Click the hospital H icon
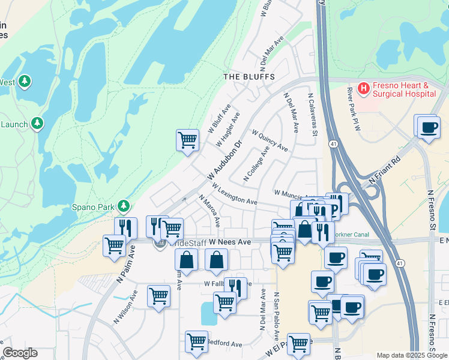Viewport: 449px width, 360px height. point(363,89)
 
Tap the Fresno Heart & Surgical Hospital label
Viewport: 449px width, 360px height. point(403,90)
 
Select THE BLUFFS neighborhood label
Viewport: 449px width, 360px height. point(249,77)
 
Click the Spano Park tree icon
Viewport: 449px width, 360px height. point(124,206)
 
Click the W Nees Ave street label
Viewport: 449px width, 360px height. point(229,241)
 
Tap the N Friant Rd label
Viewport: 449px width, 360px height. point(385,171)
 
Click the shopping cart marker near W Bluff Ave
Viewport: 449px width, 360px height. point(187,141)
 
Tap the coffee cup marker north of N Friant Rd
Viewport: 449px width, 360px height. point(428,128)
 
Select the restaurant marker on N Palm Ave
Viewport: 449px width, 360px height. point(125,227)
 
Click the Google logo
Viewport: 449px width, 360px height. point(20,353)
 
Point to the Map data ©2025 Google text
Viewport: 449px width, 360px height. point(411,355)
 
